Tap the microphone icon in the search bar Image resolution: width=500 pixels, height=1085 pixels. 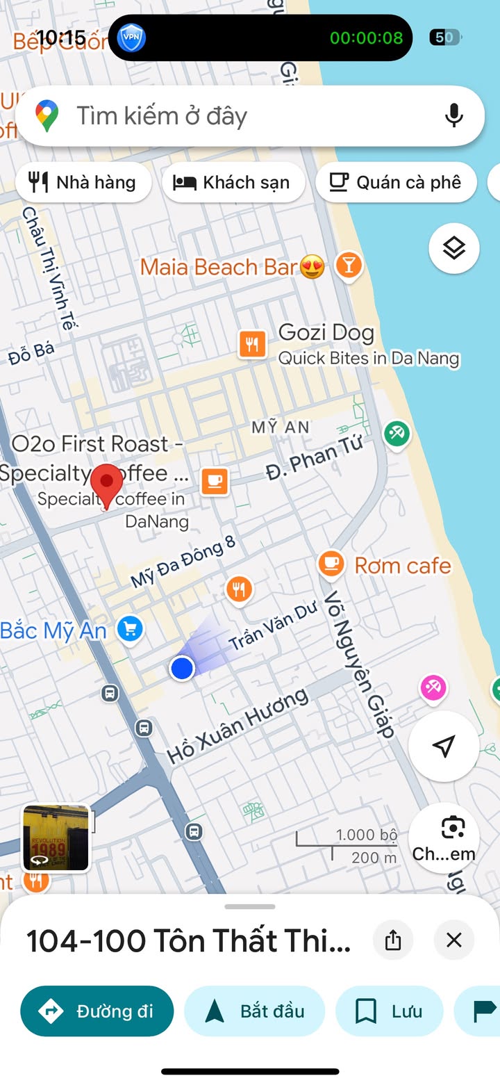pyautogui.click(x=454, y=115)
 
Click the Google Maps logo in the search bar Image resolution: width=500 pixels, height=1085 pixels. pyautogui.click(x=47, y=115)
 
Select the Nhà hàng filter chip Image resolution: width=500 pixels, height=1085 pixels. pyautogui.click(x=83, y=182)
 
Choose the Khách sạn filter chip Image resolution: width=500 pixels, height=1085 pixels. pyautogui.click(x=233, y=182)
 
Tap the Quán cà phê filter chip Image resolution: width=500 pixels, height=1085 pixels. pyautogui.click(x=396, y=182)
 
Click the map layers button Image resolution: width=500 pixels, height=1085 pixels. pyautogui.click(x=453, y=248)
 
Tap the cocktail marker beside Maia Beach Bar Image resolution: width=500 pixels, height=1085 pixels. pyautogui.click(x=348, y=266)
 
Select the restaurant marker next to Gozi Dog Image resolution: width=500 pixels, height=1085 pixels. pyautogui.click(x=252, y=344)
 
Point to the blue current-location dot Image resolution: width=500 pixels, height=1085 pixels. pyautogui.click(x=182, y=668)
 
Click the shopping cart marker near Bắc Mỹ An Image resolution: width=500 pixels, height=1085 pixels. pyautogui.click(x=129, y=630)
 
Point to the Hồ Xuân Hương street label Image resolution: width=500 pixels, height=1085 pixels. pyautogui.click(x=238, y=726)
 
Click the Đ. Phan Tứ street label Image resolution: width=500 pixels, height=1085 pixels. pyautogui.click(x=315, y=460)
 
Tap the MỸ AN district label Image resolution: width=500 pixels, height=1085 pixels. pyautogui.click(x=281, y=427)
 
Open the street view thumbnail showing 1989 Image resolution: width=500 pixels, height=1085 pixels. pyautogui.click(x=56, y=838)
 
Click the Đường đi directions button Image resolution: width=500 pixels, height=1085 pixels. pyautogui.click(x=97, y=1011)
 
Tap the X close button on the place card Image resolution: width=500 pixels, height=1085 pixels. pyautogui.click(x=453, y=940)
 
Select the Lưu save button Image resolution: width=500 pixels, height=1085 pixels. pyautogui.click(x=389, y=1011)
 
